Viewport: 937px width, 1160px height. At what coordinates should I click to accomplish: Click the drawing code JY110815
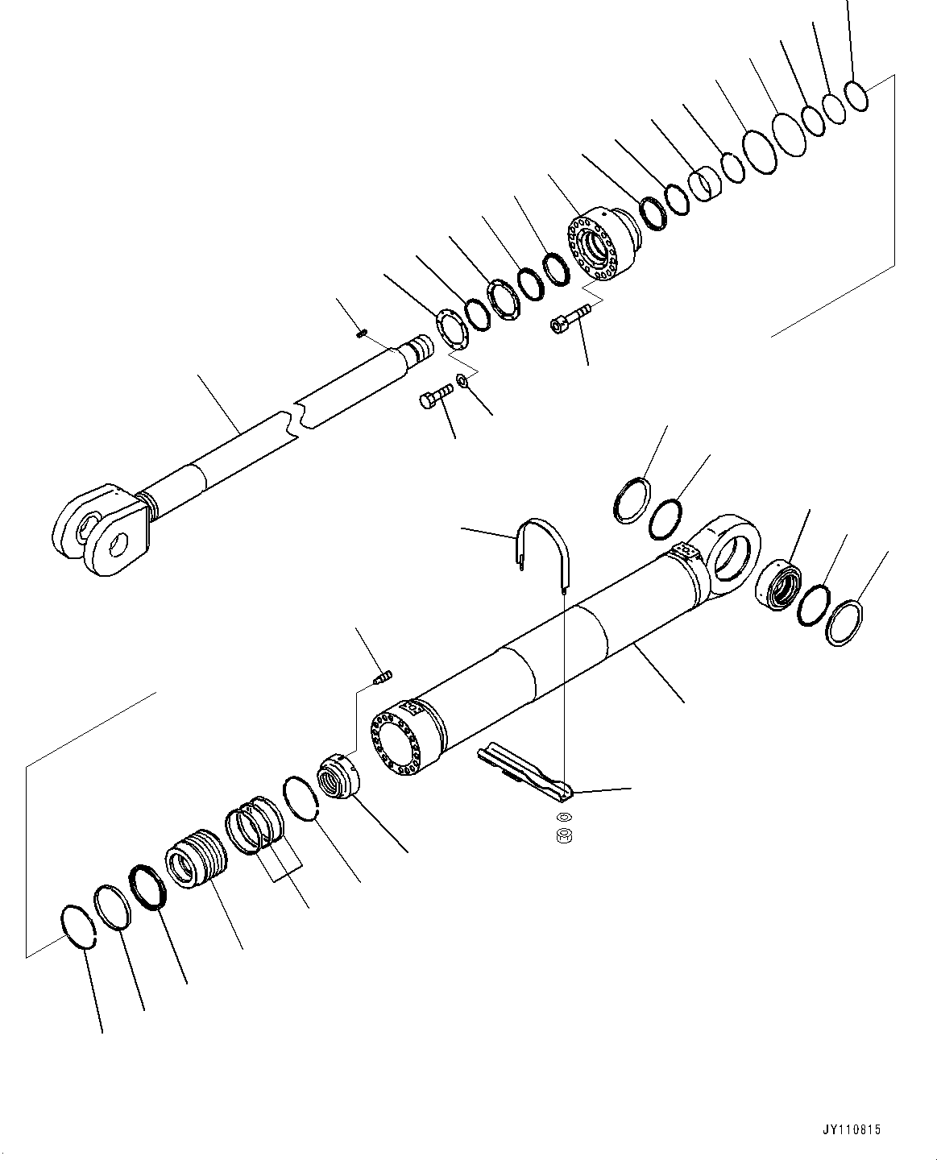[853, 1131]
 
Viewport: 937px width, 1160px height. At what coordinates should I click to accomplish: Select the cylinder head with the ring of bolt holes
[599, 243]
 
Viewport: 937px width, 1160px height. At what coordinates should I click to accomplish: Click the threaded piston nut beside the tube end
[339, 778]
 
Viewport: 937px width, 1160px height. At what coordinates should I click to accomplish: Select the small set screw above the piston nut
[384, 678]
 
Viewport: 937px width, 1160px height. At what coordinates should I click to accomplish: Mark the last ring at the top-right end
[856, 96]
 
